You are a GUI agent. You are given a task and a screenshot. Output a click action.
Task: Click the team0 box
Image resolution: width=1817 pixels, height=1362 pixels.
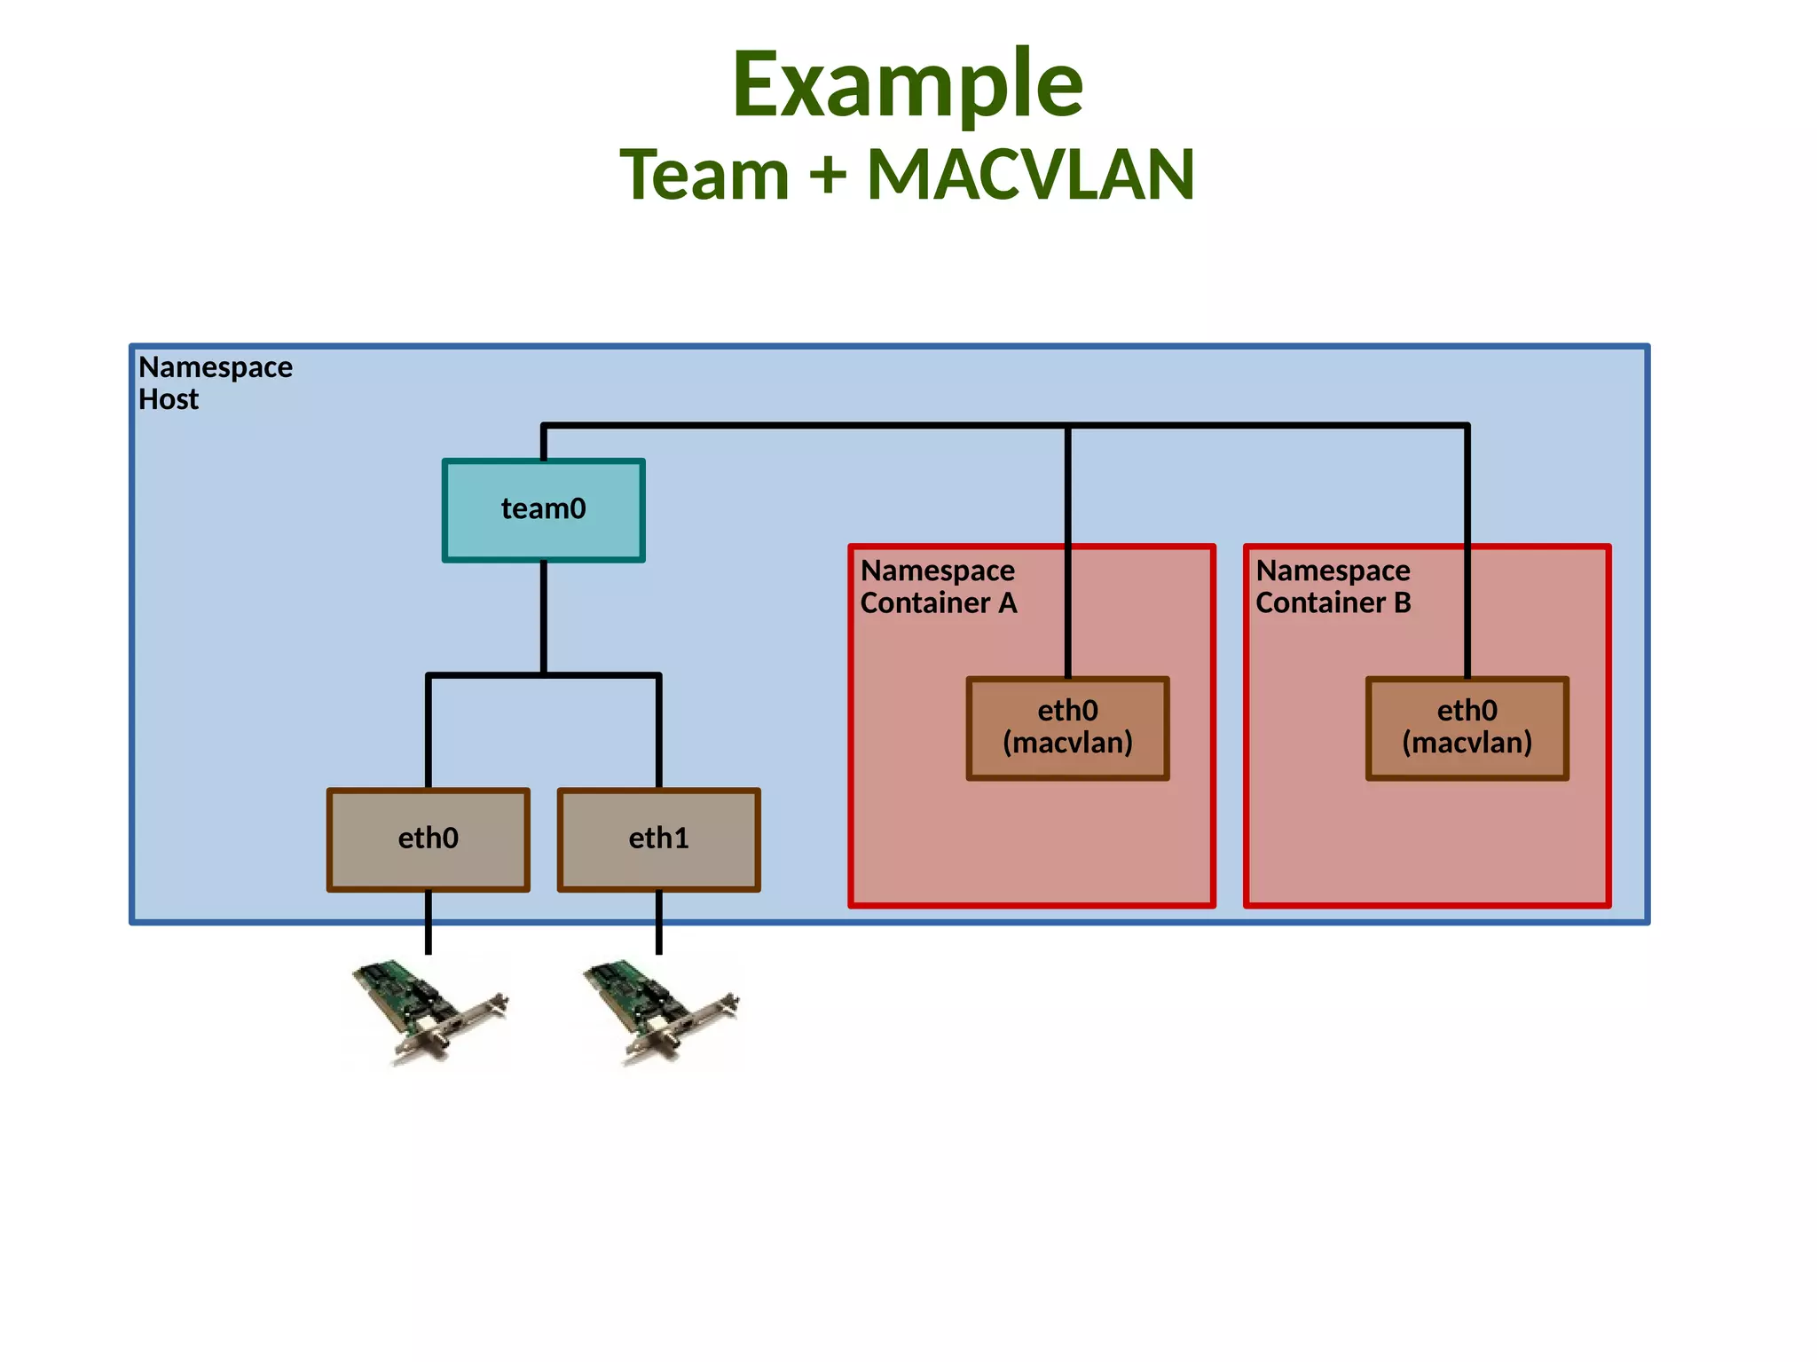[543, 510]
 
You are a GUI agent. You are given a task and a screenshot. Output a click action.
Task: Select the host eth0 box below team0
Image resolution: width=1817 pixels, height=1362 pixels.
[428, 839]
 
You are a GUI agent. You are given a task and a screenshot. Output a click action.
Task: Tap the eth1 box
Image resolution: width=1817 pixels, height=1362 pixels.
[658, 839]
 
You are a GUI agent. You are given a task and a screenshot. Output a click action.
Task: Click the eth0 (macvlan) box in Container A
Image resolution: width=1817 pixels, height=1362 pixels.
[1067, 728]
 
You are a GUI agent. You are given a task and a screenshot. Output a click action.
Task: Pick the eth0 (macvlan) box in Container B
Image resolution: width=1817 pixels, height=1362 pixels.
[1467, 728]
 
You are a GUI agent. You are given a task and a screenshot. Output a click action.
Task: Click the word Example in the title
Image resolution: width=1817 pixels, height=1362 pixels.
[907, 84]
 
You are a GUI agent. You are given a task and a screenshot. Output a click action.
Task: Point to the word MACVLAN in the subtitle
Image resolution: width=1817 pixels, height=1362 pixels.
[1031, 175]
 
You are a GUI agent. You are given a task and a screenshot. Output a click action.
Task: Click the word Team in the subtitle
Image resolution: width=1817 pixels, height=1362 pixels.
[704, 175]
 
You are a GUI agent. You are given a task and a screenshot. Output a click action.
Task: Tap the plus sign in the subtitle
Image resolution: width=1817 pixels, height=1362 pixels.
[828, 175]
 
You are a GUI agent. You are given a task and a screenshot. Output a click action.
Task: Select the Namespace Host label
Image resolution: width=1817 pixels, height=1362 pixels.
[215, 383]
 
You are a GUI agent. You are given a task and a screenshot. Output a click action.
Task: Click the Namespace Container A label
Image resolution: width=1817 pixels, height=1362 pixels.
[938, 587]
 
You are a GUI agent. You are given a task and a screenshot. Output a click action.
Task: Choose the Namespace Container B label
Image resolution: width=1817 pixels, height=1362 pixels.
[1333, 587]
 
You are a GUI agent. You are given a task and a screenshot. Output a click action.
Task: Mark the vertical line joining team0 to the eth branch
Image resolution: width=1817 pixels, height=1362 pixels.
[543, 618]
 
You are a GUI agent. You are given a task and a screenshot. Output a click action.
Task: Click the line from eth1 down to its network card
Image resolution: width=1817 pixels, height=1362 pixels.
[658, 923]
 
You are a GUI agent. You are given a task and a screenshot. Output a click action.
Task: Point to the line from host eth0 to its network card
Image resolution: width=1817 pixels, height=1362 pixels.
[428, 923]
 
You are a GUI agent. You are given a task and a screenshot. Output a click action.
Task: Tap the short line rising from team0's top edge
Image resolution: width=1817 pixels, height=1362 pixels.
[543, 443]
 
